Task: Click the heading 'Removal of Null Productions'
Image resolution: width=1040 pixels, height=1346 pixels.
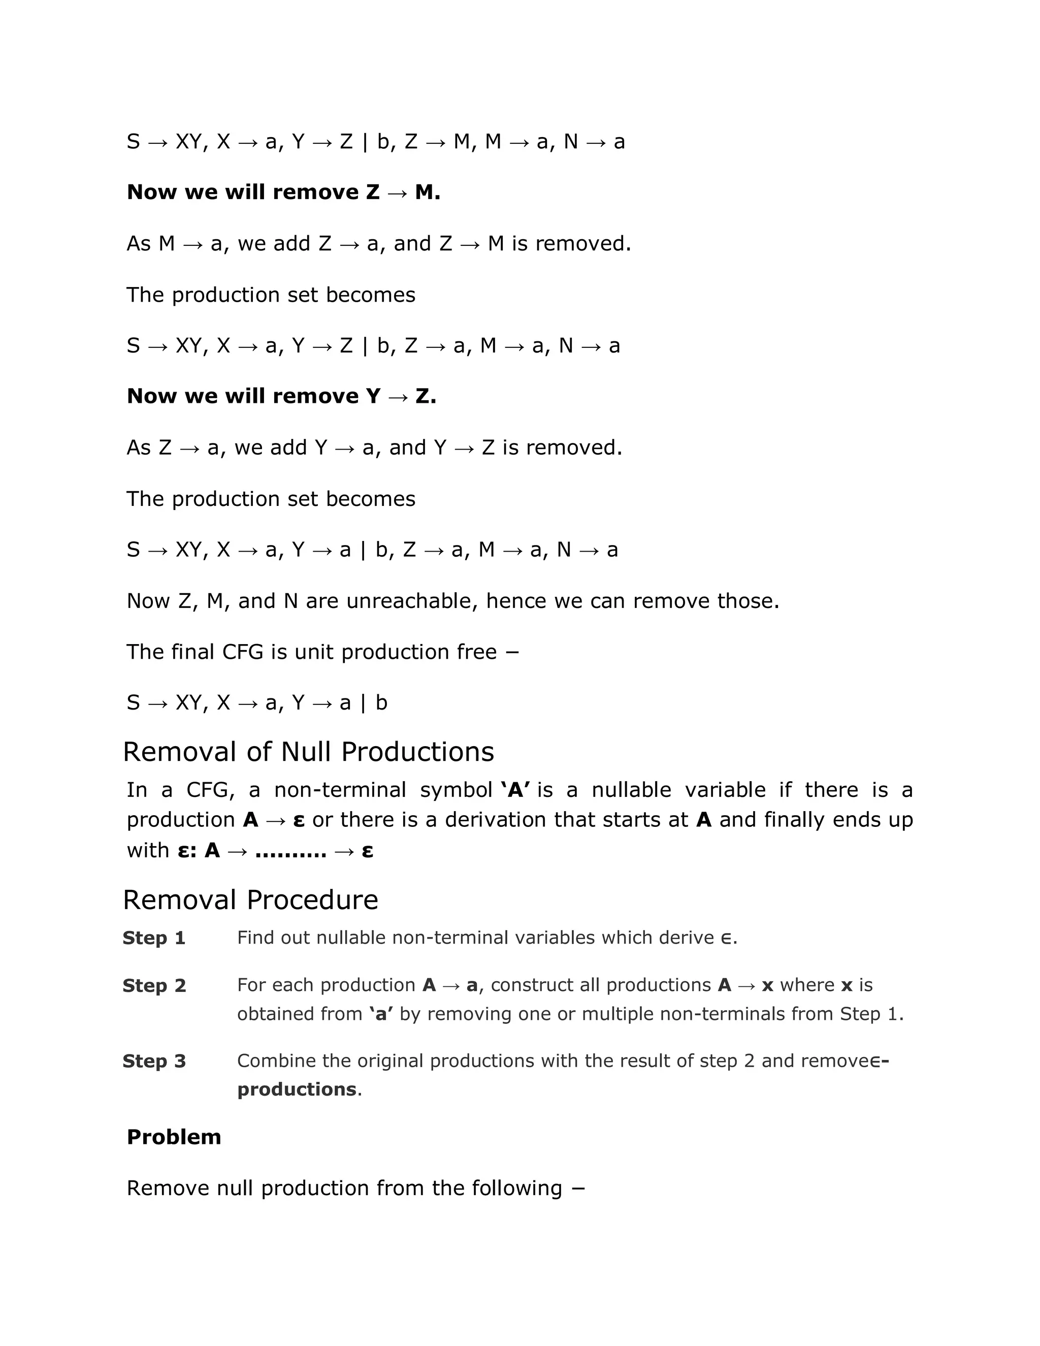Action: click(308, 752)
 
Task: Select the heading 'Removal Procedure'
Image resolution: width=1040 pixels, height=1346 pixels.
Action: click(250, 900)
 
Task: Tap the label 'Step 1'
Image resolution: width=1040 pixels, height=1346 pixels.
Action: click(154, 938)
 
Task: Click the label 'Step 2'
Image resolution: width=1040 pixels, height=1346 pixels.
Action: click(154, 985)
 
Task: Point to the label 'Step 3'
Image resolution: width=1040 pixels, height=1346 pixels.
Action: click(154, 1061)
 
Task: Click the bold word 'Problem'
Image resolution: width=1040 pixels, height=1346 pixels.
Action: click(174, 1137)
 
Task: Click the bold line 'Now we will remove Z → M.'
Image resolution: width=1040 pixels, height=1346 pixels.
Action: click(283, 193)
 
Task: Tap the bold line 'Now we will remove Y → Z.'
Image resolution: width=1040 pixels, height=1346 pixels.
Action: click(281, 396)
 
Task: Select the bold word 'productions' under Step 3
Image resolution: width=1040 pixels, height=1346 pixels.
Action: click(297, 1089)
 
